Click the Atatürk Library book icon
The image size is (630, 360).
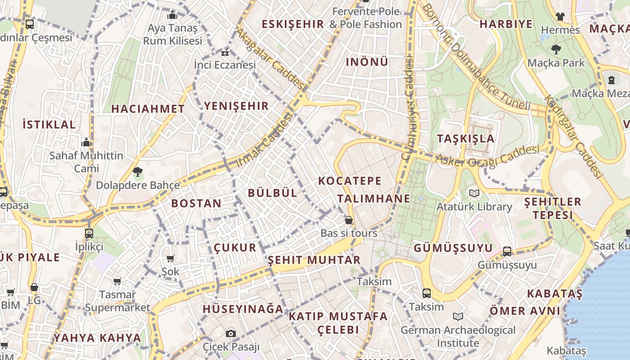(474, 193)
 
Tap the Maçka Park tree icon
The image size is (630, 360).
(556, 49)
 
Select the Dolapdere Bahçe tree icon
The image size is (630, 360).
(138, 171)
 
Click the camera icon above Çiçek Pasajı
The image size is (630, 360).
(231, 333)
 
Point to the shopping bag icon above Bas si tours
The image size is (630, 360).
(349, 220)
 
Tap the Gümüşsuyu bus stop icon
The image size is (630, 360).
(507, 252)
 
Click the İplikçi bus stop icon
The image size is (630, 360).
(89, 233)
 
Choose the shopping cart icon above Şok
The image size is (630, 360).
(171, 258)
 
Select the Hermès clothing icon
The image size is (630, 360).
(560, 17)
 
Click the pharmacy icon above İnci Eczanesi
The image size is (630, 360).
(225, 53)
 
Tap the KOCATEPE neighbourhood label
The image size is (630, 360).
(350, 181)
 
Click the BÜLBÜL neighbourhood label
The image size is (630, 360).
(273, 193)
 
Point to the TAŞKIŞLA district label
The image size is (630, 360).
(466, 138)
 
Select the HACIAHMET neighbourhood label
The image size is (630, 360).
(148, 108)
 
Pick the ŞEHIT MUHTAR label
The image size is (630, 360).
(314, 260)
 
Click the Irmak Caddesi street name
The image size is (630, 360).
(264, 141)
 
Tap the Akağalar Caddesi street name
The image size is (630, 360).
(270, 58)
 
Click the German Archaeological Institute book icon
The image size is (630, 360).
(458, 316)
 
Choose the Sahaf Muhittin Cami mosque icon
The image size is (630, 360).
(86, 143)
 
